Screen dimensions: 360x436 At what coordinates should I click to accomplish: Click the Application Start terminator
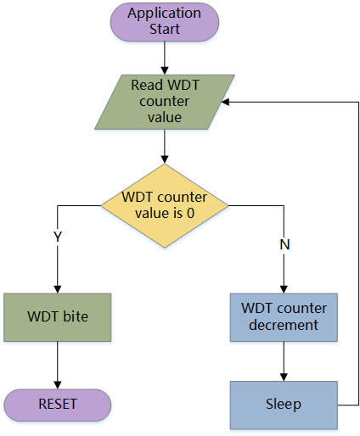165,22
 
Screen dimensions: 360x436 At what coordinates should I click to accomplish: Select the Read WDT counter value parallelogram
165,102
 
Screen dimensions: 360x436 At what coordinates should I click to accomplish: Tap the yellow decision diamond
165,206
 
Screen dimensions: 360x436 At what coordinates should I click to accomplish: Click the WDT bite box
58,317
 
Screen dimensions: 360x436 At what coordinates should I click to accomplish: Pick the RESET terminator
58,405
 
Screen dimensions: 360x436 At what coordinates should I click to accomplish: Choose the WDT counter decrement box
284,317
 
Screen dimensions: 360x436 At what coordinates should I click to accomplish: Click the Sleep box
284,405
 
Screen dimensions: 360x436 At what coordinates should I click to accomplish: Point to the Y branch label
58,237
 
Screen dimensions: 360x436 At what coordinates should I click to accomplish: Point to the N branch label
284,244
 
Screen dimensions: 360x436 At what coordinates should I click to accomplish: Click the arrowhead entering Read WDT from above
165,70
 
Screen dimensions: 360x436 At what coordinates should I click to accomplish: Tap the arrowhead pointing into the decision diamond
165,159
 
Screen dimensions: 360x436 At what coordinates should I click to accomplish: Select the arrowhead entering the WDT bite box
58,289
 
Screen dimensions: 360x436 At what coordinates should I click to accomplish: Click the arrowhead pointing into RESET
58,385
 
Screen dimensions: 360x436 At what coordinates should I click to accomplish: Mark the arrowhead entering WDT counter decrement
284,289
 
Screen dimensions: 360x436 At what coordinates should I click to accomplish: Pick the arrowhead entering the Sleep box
284,377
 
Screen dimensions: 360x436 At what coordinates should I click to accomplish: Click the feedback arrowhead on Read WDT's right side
225,102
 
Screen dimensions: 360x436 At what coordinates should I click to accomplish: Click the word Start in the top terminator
165,29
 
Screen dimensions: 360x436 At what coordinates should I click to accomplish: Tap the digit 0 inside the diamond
190,213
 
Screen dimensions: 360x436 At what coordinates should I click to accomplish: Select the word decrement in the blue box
284,325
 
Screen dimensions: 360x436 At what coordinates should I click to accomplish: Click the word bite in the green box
76,316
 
